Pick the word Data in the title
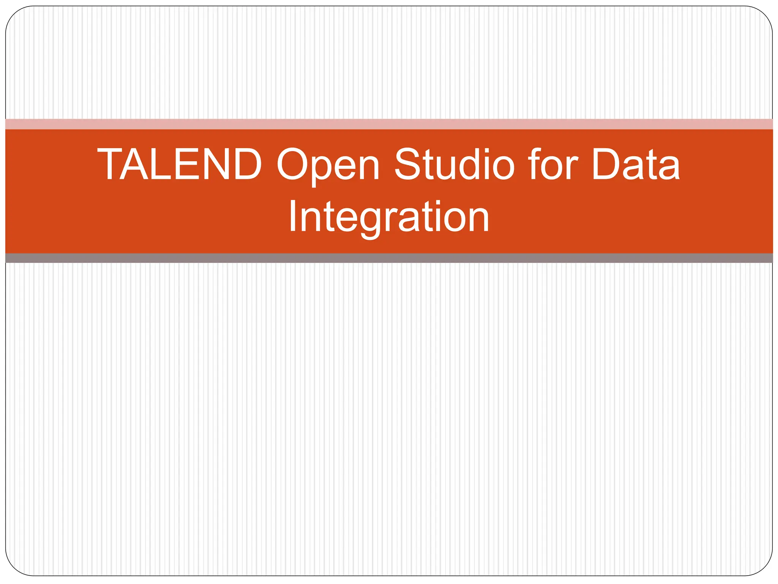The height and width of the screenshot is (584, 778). click(x=636, y=164)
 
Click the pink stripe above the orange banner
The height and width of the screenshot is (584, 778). click(x=389, y=124)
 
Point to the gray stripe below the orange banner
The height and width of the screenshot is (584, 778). click(x=389, y=258)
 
